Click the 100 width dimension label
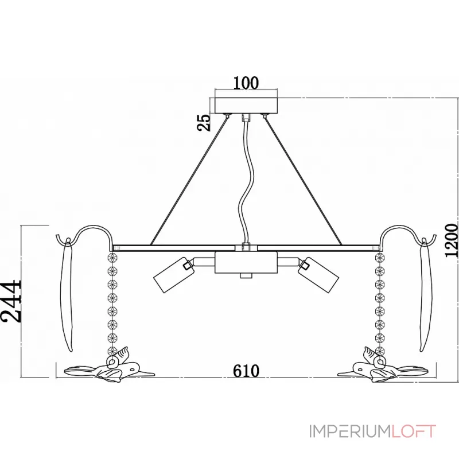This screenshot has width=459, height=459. click(246, 83)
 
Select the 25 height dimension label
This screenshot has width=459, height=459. click(204, 122)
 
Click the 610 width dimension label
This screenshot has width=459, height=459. click(246, 371)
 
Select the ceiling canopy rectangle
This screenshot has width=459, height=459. click(246, 106)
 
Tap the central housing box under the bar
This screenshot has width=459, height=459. click(246, 263)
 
